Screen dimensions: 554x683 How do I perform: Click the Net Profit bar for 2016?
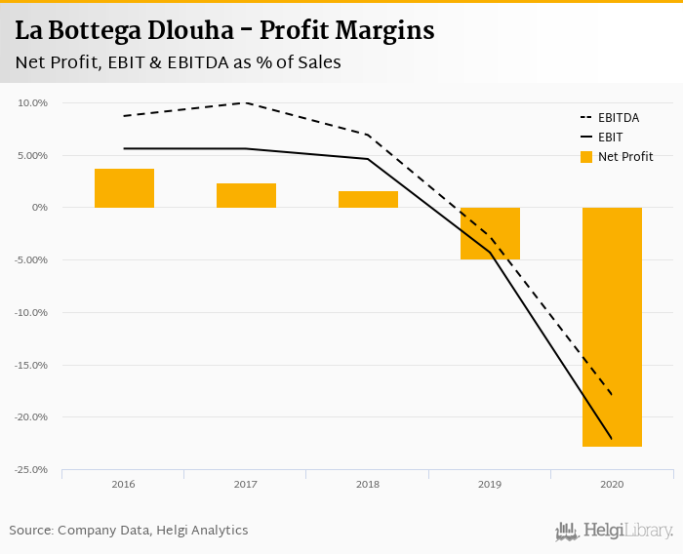click(124, 188)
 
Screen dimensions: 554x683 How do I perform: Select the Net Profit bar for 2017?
click(246, 195)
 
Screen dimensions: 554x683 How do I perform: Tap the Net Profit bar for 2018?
click(368, 199)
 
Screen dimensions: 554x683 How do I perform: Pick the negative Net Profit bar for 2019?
click(490, 233)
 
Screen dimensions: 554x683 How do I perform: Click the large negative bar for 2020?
click(612, 327)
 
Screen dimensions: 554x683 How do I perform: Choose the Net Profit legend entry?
click(618, 156)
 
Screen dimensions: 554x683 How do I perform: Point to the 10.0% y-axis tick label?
click(32, 102)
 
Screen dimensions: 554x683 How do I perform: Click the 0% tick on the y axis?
click(40, 208)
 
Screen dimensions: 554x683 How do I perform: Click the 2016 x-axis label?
click(124, 485)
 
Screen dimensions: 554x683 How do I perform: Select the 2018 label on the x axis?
click(368, 485)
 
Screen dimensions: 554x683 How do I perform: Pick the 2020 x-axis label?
click(612, 485)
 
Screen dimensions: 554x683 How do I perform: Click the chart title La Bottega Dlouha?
click(224, 30)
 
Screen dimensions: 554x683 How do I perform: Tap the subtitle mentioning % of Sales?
click(178, 62)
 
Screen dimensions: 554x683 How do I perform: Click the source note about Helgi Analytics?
click(129, 530)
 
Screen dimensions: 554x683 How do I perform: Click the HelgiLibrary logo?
click(615, 531)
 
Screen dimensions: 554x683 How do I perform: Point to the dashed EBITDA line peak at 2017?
click(246, 102)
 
